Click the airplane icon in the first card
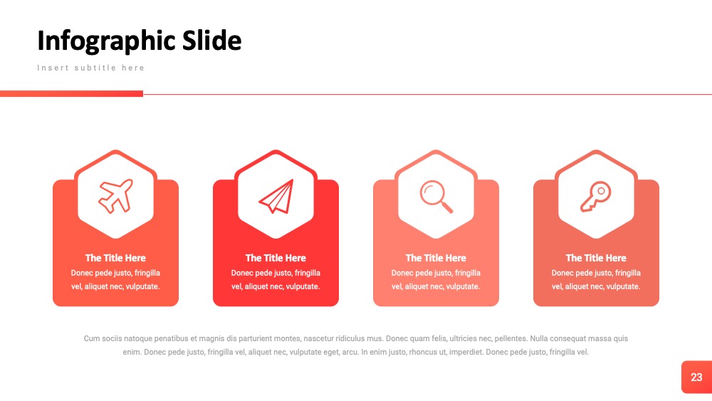[x=116, y=196]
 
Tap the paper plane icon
[x=276, y=196]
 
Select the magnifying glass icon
[x=436, y=197]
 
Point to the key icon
[x=596, y=197]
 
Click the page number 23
[x=696, y=377]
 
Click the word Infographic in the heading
[x=106, y=41]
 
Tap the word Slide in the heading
[x=211, y=40]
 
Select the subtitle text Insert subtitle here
[x=91, y=68]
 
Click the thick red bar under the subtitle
[x=71, y=93]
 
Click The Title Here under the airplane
[x=115, y=258]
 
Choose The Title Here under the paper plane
[x=276, y=258]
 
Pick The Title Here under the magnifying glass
[x=436, y=258]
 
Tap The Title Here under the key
[x=596, y=258]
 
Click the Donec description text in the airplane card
[x=115, y=280]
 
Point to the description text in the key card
[x=596, y=280]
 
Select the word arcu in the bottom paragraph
[x=349, y=352]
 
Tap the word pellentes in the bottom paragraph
[x=510, y=339]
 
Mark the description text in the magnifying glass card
[x=436, y=280]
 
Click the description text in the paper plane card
[x=276, y=280]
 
